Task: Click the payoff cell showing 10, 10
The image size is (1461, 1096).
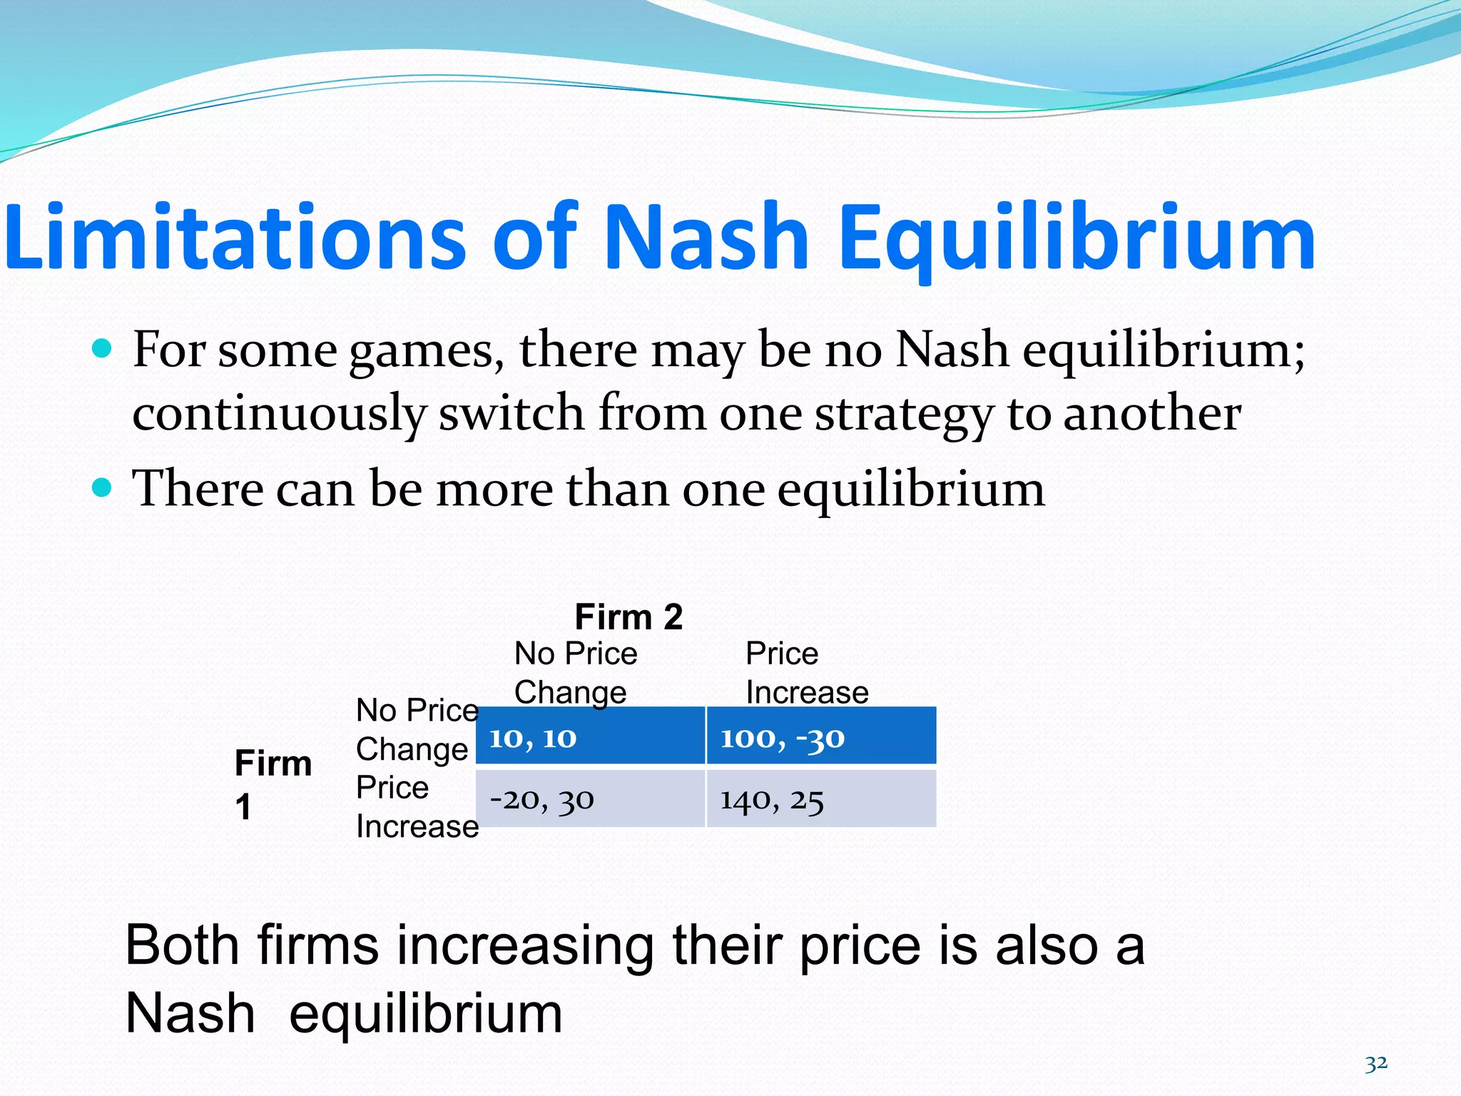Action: (x=590, y=736)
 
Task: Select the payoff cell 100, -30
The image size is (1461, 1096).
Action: (x=821, y=736)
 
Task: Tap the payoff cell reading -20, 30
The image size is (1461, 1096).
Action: (x=590, y=799)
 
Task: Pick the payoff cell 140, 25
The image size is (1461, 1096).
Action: (x=821, y=799)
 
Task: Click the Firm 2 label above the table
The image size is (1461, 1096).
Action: (x=628, y=616)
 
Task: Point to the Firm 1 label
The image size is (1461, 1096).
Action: (x=273, y=783)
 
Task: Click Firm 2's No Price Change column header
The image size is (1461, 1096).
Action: (x=575, y=673)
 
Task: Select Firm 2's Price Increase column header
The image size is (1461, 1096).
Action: (x=807, y=673)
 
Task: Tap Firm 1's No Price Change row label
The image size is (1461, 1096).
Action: (x=417, y=729)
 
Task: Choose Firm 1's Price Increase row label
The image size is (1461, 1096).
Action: (x=417, y=807)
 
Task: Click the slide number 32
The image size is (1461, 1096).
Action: (x=1376, y=1064)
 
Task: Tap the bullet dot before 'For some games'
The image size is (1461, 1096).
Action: (x=103, y=348)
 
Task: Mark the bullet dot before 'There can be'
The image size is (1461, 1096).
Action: (x=103, y=488)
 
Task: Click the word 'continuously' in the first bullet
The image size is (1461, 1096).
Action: (x=279, y=414)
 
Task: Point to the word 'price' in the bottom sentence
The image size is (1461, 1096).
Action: (x=860, y=946)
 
